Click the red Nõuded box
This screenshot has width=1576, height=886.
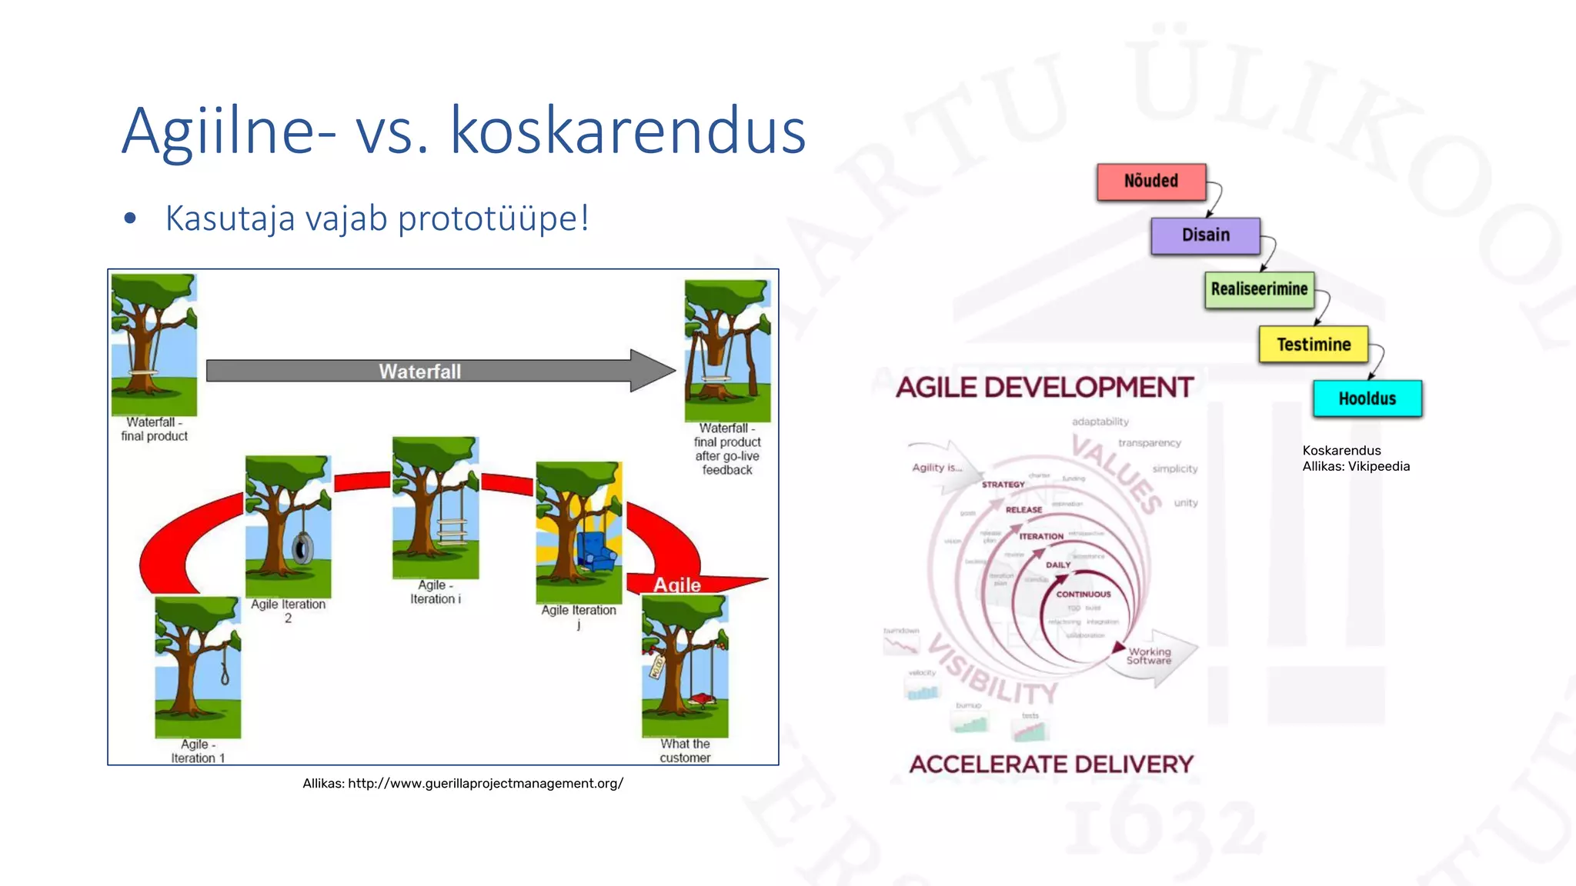pos(1151,182)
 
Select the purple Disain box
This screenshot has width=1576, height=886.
pos(1205,235)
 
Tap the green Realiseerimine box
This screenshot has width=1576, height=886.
pos(1259,290)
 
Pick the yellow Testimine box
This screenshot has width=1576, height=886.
pos(1313,345)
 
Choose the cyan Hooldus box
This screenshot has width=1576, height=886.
pos(1367,398)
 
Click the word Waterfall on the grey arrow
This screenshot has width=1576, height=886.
pos(419,371)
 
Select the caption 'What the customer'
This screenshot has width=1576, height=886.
pos(685,751)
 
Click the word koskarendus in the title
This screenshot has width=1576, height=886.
pos(627,131)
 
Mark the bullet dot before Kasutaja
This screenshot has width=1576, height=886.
pos(130,219)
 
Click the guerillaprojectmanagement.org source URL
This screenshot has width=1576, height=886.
pos(485,783)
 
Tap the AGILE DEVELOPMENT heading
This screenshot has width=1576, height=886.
pos(1044,387)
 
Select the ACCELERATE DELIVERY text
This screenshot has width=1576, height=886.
pos(1051,764)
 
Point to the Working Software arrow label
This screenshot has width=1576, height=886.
pos(1149,656)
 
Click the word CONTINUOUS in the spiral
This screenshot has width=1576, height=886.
pos(1083,595)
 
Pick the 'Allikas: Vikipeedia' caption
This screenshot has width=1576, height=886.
pos(1356,466)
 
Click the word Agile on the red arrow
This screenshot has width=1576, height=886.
pos(677,585)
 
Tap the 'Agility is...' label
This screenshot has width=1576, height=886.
pos(937,468)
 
